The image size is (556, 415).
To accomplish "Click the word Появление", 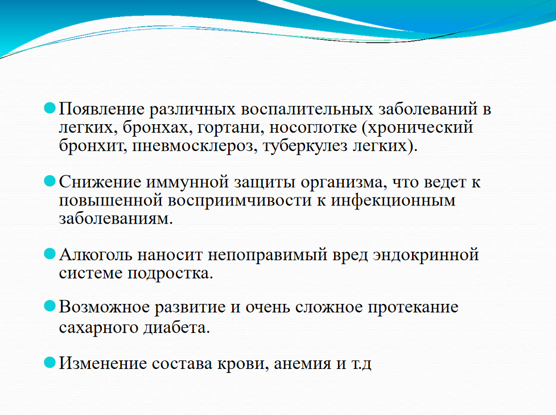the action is click(x=101, y=109).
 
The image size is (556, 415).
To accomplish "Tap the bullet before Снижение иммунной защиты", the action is click(x=50, y=181).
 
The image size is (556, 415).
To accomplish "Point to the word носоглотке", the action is click(x=313, y=128).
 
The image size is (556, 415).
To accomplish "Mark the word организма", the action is click(x=341, y=183).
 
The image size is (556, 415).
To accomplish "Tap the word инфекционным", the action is click(x=393, y=201).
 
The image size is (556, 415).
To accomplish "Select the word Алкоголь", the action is click(x=96, y=254).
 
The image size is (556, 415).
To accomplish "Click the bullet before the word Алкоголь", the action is click(x=50, y=254).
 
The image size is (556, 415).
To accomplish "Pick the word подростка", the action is click(x=170, y=273).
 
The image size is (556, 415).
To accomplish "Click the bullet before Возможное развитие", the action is click(x=50, y=306).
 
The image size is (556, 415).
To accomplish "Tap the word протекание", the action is click(x=413, y=307).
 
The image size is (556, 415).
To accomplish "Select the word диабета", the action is click(x=176, y=327).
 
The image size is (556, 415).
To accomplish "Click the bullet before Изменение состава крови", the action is click(x=50, y=362).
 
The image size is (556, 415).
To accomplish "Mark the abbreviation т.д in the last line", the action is click(x=361, y=364).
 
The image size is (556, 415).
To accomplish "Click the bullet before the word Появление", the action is click(x=50, y=108).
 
